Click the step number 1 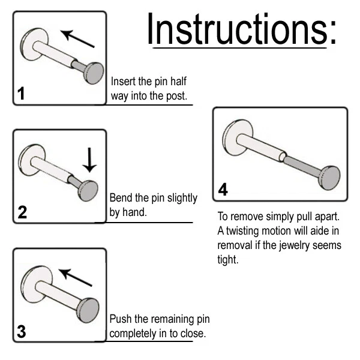21,94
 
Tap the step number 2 22,212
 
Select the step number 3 22,332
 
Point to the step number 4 223,190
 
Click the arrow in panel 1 77,38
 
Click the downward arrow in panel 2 89,160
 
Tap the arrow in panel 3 76,277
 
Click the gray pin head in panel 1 94,73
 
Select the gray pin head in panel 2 88,191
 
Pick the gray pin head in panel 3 88,310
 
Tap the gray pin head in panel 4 331,178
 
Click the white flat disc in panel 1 34,44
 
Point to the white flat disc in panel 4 238,137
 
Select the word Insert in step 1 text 123,81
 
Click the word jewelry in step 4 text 294,245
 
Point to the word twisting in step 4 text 242,231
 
